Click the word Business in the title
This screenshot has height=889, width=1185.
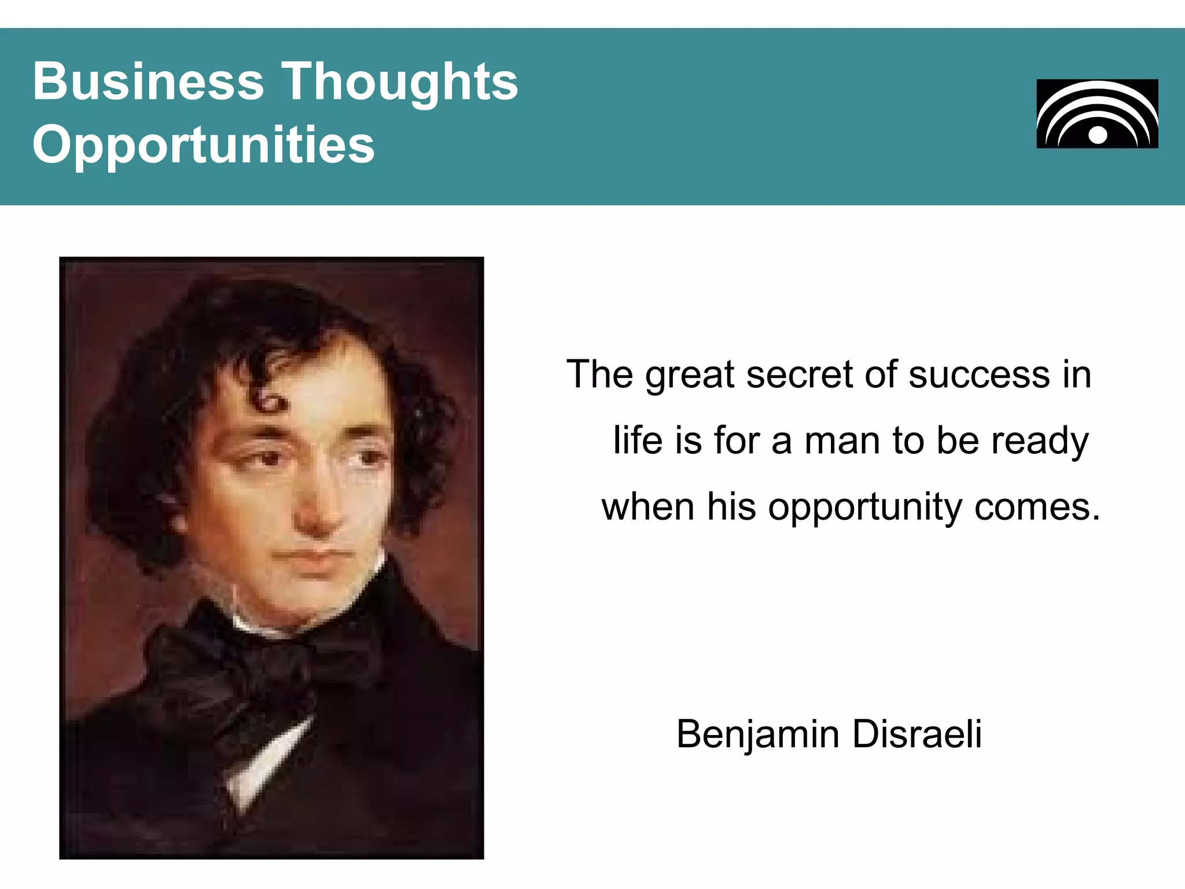click(x=148, y=82)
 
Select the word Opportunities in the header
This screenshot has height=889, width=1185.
click(x=204, y=145)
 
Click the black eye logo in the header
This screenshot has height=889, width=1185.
click(x=1097, y=113)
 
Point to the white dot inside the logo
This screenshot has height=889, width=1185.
click(x=1098, y=135)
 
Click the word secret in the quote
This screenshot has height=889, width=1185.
click(x=799, y=374)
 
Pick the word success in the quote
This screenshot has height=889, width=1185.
click(x=979, y=374)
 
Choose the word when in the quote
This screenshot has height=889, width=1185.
click(x=647, y=507)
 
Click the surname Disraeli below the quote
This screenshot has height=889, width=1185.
click(x=917, y=734)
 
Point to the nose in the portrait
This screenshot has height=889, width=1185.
click(x=315, y=509)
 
